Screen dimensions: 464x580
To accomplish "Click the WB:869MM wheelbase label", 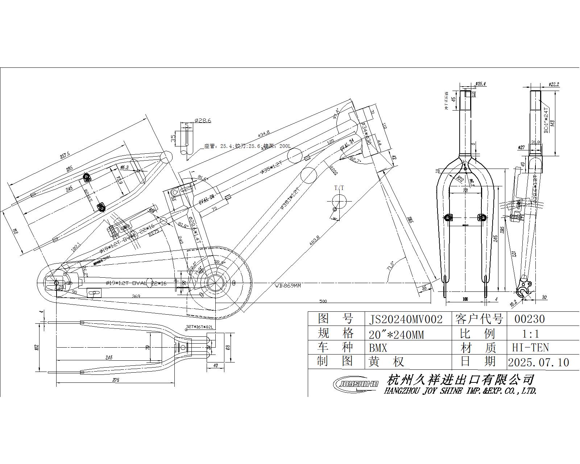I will (287, 286).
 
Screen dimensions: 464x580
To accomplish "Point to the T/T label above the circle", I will (339, 188).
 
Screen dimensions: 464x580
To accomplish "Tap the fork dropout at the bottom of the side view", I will (523, 289).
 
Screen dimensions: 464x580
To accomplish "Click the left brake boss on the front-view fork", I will (449, 217).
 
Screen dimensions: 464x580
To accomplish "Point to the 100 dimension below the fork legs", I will (465, 299).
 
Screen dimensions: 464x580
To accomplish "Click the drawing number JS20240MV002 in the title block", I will (406, 319).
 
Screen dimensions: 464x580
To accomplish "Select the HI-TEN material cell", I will (530, 348).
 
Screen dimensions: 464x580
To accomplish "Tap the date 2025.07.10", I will (538, 362).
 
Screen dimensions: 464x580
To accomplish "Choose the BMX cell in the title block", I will (378, 348).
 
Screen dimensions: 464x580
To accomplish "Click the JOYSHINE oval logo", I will (356, 384).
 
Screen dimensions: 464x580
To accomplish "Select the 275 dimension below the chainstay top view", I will (116, 380).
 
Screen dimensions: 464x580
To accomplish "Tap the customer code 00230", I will (530, 319).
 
